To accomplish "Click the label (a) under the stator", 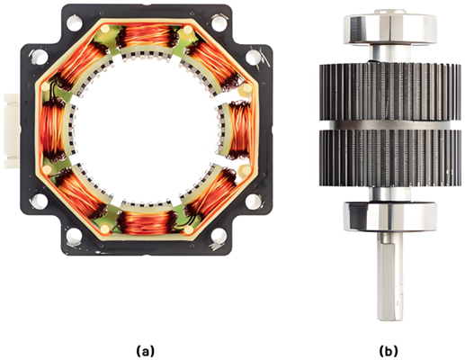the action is point(146,350).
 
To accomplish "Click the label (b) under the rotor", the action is point(389,350).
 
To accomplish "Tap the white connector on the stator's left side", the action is point(12,130).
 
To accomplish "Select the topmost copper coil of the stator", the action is point(147,37).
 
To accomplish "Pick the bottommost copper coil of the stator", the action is point(147,222).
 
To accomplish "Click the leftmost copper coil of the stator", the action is point(51,130).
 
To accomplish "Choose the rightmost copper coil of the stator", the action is point(240,130).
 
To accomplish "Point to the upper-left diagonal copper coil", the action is point(80,66).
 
